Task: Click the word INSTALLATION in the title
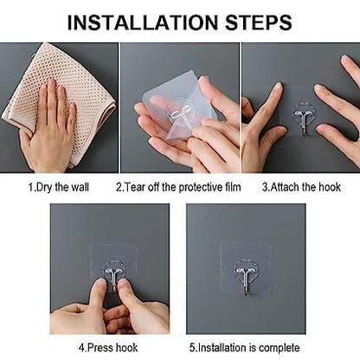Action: pyautogui.click(x=143, y=22)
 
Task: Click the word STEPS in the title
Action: pyautogui.click(x=259, y=22)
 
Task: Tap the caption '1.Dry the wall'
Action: pyautogui.click(x=59, y=187)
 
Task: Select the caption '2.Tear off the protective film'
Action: pyautogui.click(x=178, y=187)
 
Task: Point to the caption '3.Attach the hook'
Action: pyautogui.click(x=301, y=187)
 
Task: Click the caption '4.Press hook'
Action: pyautogui.click(x=108, y=348)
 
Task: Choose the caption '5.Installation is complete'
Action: pyautogui.click(x=245, y=348)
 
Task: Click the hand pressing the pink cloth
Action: pyautogui.click(x=49, y=127)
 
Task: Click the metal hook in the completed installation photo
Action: pyautogui.click(x=245, y=279)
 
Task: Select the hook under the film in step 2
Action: pyautogui.click(x=179, y=112)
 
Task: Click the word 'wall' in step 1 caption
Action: pyautogui.click(x=80, y=187)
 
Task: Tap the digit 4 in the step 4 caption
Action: pyautogui.click(x=81, y=348)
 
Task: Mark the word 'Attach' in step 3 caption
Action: pyautogui.click(x=285, y=187)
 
